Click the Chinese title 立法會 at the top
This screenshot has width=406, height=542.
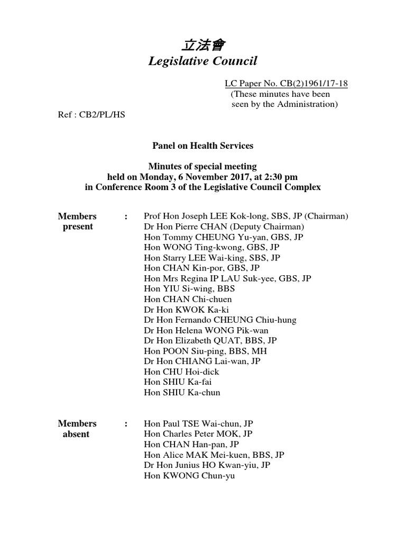point(202,45)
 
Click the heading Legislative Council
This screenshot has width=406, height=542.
point(202,61)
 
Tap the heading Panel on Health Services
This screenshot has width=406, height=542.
point(202,146)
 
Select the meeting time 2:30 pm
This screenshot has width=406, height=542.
point(271,177)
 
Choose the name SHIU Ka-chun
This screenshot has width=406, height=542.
point(191,393)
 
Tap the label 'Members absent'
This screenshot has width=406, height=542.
point(77,429)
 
